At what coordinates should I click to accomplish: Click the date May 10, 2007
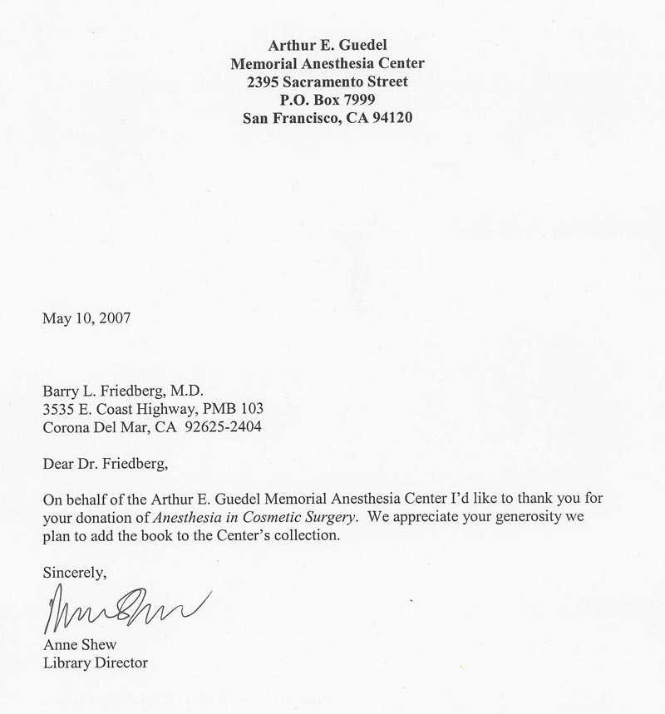[86, 317]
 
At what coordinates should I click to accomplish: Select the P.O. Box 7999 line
[328, 100]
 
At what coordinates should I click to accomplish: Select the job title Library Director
[95, 662]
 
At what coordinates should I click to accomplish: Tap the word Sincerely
[75, 572]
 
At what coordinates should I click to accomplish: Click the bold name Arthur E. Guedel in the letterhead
[327, 44]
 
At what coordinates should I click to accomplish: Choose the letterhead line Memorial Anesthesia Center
[327, 63]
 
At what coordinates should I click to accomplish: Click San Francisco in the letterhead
[290, 118]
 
